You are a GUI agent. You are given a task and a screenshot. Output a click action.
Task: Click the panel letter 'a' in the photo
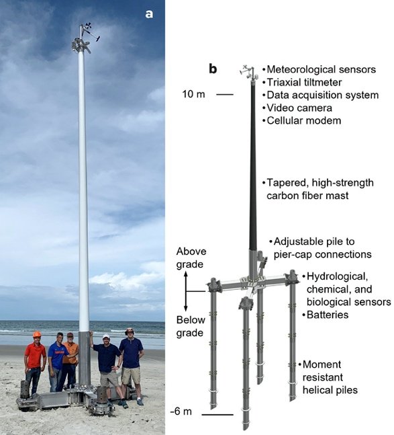point(149,14)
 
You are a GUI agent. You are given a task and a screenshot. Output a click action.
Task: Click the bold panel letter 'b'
point(213,69)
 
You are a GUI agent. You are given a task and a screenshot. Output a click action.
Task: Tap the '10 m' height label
point(193,94)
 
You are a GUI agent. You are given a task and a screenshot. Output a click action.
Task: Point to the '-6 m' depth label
point(181,411)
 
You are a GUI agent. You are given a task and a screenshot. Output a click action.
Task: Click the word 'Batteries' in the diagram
point(328,315)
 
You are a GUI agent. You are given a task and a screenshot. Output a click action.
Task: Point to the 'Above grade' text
point(191,258)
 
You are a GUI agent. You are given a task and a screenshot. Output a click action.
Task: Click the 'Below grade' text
point(191,326)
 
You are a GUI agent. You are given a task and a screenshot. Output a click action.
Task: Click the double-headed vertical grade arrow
point(186,291)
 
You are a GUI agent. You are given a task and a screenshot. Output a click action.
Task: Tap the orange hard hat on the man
point(37,334)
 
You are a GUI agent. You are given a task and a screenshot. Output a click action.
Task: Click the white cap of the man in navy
point(106,336)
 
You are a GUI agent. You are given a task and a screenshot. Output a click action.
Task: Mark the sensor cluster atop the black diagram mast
point(249,73)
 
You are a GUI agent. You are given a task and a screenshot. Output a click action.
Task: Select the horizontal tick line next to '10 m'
point(225,95)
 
